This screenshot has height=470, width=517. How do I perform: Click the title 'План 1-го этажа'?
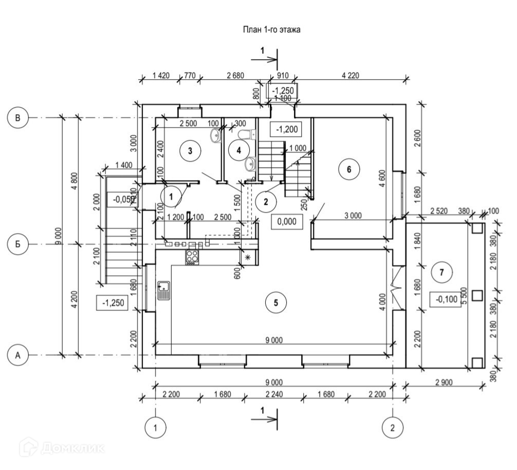click(271, 29)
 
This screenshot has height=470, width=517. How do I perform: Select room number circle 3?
click(190, 151)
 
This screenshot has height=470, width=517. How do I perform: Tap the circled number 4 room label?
click(238, 150)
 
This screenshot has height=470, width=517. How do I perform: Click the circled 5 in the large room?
click(276, 303)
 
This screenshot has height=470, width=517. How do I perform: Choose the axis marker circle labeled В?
click(17, 118)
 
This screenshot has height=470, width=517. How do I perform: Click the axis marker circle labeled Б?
click(17, 244)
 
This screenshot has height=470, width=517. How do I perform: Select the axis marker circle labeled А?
click(17, 355)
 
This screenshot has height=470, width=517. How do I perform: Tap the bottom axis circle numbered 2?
click(393, 427)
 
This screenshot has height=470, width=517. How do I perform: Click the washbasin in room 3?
click(216, 135)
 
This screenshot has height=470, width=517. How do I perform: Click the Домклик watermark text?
click(62, 447)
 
